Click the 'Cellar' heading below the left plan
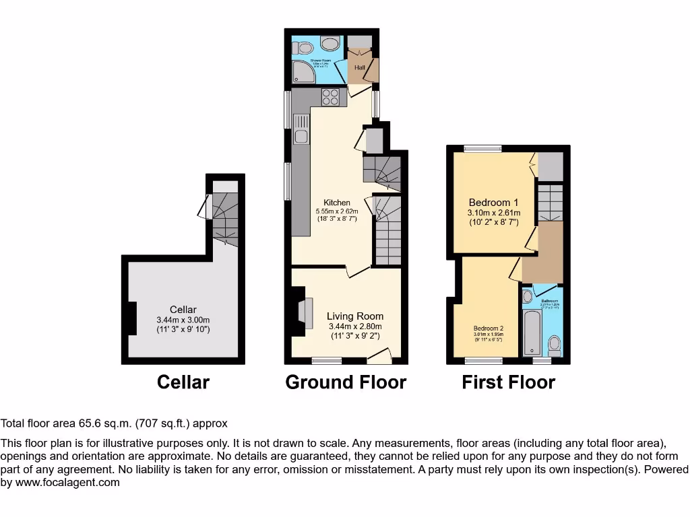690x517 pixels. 183,382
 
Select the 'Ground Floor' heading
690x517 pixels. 346,382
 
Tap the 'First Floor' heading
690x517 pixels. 508,382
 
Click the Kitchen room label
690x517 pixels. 337,203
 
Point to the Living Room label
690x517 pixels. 355,316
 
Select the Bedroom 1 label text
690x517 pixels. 493,203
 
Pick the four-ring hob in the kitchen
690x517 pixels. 330,97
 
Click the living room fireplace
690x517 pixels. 299,314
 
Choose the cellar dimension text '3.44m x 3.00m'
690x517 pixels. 183,320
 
